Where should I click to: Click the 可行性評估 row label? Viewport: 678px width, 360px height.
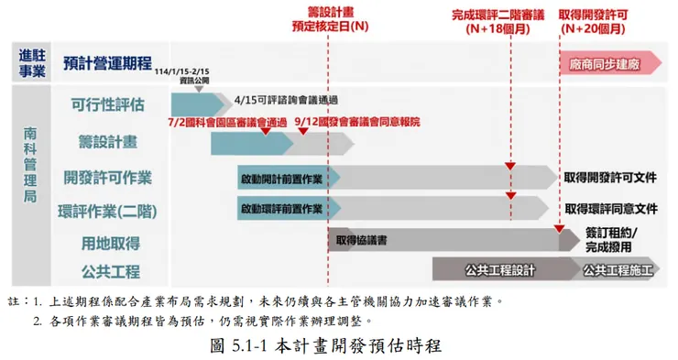(x=108, y=104)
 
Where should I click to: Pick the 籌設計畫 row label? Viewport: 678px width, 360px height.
(x=108, y=141)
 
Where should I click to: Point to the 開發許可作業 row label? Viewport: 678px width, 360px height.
(x=108, y=177)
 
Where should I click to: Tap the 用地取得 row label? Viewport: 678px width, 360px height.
(x=108, y=243)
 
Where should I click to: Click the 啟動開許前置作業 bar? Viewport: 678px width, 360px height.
(x=284, y=177)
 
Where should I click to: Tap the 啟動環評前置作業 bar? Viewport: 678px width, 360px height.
(x=284, y=209)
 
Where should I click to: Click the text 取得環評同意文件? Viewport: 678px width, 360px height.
(x=610, y=209)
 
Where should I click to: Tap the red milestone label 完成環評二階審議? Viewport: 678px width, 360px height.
(x=498, y=15)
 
